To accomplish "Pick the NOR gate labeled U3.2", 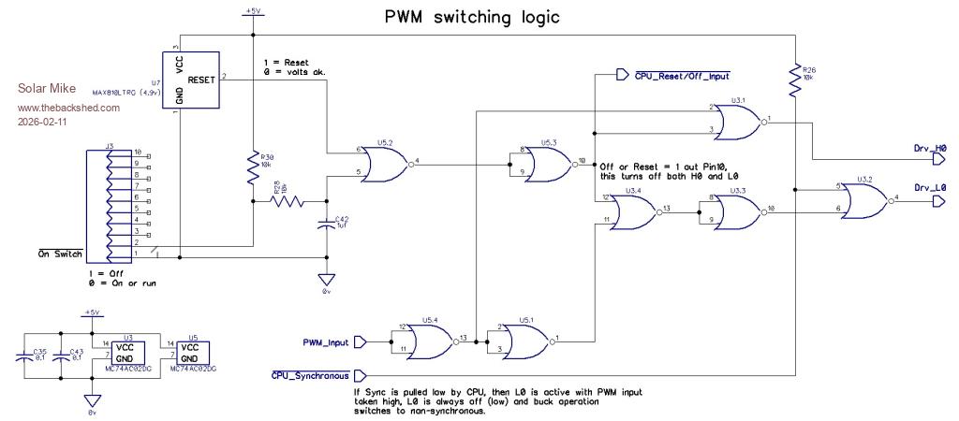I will (862, 198).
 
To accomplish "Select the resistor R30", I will (253, 166).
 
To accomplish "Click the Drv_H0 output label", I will (929, 148).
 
